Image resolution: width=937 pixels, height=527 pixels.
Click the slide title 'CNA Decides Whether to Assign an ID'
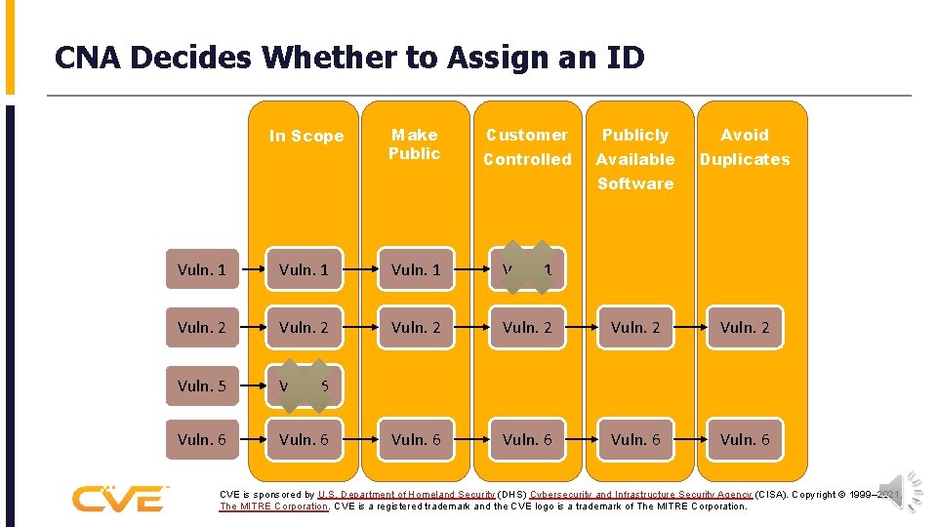(349, 59)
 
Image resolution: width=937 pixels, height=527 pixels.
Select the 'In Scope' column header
(306, 137)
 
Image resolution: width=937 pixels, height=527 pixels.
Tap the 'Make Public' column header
(415, 144)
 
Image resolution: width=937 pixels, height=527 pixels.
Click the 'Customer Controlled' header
(527, 147)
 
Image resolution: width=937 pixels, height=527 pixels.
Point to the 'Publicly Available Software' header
(635, 159)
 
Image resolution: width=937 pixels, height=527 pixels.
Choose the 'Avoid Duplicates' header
(745, 147)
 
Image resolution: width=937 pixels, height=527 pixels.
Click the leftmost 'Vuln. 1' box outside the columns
(202, 270)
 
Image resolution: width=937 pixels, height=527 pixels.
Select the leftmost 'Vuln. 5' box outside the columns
(202, 385)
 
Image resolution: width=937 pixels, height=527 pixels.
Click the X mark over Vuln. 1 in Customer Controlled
(528, 267)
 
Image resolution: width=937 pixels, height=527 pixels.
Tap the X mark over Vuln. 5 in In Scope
(304, 385)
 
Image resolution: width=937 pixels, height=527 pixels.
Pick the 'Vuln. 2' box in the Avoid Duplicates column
(745, 328)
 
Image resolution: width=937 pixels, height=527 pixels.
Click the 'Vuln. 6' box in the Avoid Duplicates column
(745, 440)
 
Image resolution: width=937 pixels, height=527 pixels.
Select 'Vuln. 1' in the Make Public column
(416, 270)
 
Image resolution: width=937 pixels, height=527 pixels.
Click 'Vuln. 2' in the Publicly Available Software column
(635, 328)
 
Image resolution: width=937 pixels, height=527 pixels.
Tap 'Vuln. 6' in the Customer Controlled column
(527, 440)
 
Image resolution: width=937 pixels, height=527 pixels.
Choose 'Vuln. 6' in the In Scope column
(304, 440)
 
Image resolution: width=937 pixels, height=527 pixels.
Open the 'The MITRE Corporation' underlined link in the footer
(274, 507)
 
